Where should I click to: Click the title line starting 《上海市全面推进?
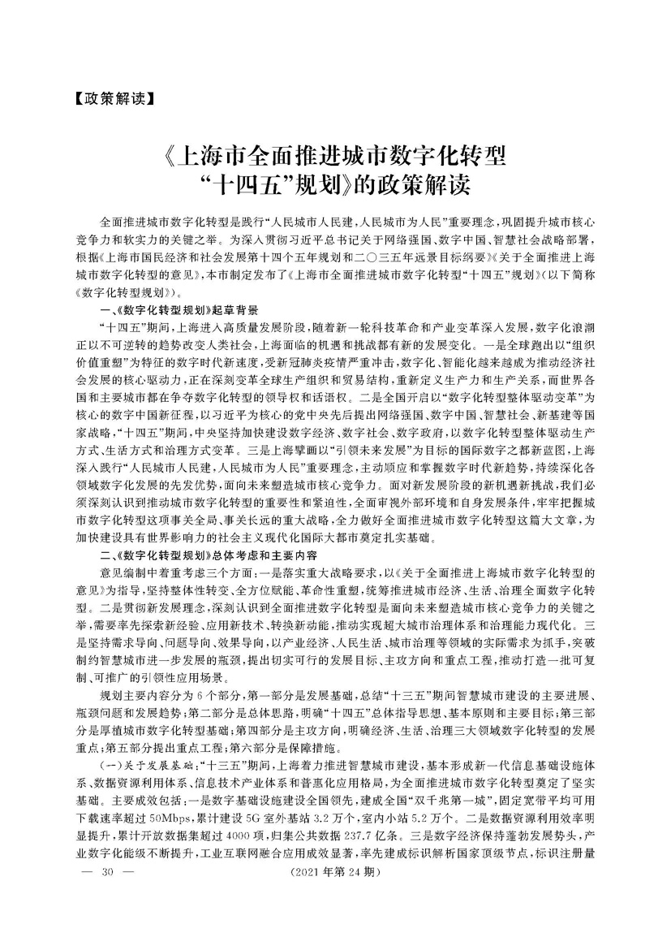tap(336, 154)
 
